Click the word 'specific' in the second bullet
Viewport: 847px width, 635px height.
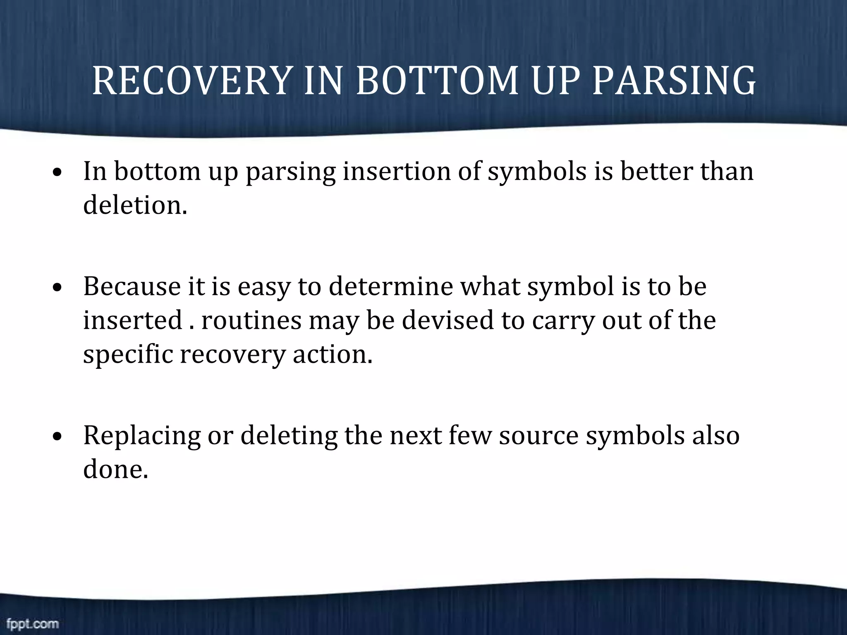[x=128, y=354]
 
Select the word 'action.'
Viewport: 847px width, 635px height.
[x=333, y=354]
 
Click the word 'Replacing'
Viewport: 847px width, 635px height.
[x=142, y=435]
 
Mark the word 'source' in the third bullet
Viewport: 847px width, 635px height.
[x=538, y=435]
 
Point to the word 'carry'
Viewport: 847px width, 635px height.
[x=563, y=321]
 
